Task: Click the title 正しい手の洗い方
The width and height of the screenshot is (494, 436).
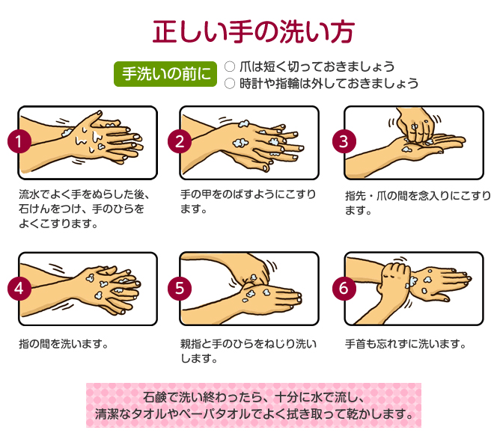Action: [x=254, y=31]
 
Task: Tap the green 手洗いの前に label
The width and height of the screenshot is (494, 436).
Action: [x=165, y=74]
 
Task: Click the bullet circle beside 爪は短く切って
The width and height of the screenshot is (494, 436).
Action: [x=230, y=67]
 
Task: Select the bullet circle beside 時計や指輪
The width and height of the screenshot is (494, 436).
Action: [x=230, y=84]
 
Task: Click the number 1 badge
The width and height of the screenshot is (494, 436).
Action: [x=19, y=141]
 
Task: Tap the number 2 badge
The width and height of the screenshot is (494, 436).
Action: [x=180, y=141]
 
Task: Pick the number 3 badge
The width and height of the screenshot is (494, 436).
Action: [x=344, y=141]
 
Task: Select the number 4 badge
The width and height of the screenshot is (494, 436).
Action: [x=19, y=289]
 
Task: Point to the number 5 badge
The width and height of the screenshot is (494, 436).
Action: [x=180, y=289]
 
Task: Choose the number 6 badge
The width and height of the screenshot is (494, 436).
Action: [x=344, y=289]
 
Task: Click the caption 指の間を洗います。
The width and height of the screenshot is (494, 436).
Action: [x=64, y=344]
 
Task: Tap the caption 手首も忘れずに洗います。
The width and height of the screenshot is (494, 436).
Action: [x=406, y=344]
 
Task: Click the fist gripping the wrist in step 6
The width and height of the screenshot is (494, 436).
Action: [x=394, y=276]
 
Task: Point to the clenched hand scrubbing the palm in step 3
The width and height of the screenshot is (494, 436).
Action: [x=415, y=126]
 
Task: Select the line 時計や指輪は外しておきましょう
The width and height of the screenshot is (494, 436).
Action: [x=329, y=84]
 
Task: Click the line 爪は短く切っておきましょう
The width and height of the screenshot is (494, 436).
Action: [x=317, y=67]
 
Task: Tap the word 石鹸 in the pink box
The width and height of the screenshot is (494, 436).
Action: [x=154, y=397]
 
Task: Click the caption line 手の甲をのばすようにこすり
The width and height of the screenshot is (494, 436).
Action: [x=248, y=194]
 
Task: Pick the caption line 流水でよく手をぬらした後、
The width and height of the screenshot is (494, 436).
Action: [x=84, y=194]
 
